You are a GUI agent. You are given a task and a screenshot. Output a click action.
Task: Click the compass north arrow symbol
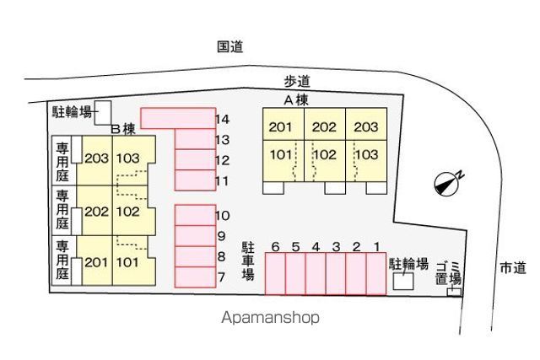(448, 183)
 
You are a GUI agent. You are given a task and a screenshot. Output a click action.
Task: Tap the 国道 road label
(229, 48)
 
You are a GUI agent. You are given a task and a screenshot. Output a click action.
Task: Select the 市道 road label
(512, 267)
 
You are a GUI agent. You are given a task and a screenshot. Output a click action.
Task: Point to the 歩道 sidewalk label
(296, 81)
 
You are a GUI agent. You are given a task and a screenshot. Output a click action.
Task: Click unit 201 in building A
(279, 127)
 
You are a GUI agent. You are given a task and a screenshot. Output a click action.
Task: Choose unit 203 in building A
(365, 127)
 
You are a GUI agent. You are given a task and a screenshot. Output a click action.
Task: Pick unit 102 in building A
(324, 154)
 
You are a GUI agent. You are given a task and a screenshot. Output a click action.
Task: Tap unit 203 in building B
(96, 159)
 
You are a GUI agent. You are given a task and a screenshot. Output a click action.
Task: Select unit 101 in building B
(127, 261)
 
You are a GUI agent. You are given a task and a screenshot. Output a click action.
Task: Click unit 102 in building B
(127, 211)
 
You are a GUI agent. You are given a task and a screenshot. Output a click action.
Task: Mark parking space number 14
(223, 119)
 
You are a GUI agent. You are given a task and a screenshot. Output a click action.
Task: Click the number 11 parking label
(223, 180)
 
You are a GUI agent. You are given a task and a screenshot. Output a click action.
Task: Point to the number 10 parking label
(223, 215)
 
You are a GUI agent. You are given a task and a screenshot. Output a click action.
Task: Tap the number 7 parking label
(221, 277)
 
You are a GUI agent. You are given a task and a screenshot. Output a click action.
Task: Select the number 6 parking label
(275, 246)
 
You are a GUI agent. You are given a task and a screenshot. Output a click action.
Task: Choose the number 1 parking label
(376, 246)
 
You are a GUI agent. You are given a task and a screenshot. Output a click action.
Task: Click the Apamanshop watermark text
(270, 318)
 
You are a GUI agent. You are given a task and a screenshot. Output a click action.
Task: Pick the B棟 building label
(124, 129)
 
